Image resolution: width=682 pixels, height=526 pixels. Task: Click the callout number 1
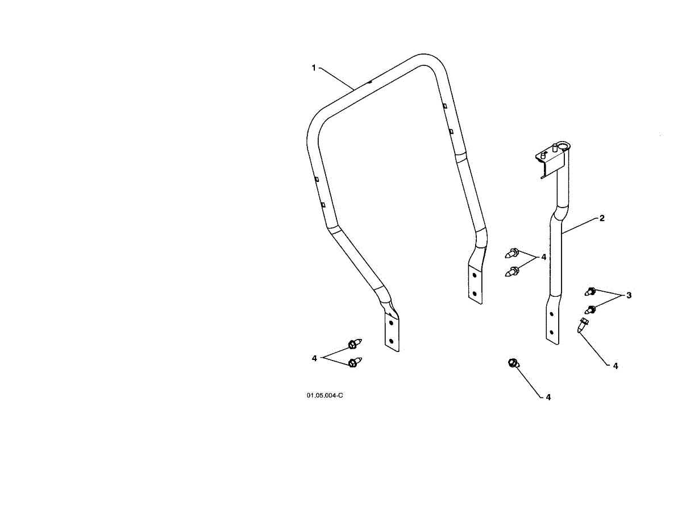313,68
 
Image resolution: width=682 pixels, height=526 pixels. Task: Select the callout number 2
601,218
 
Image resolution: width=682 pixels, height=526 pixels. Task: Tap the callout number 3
629,295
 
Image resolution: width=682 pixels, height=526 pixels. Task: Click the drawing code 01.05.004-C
325,395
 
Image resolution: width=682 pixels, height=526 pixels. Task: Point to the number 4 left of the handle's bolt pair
543,257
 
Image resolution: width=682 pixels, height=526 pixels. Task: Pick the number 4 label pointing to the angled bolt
616,366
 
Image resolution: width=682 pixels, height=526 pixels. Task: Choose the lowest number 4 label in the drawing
548,397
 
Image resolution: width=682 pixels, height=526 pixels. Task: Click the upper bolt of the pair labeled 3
590,292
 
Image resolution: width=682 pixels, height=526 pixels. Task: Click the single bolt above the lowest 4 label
512,363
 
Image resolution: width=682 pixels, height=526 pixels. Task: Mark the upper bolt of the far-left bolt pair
353,344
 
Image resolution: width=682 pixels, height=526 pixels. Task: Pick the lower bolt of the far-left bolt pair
354,362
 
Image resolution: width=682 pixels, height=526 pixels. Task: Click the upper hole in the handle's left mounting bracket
390,322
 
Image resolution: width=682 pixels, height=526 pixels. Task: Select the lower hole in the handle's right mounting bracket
475,293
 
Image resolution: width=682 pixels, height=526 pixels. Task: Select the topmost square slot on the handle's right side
445,106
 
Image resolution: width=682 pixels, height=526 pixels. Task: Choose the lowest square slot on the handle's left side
323,204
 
